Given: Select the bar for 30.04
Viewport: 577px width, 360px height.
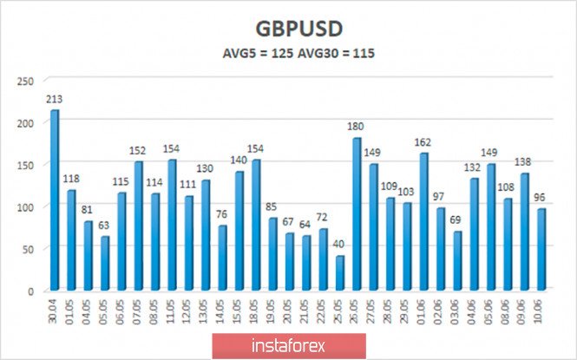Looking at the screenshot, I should [55, 200].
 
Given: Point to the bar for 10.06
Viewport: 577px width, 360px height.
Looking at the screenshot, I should [541, 250].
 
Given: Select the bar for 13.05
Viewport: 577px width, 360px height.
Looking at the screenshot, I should [206, 235].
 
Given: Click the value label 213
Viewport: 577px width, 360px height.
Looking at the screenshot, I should [54, 100].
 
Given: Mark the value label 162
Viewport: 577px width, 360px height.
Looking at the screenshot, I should [424, 143].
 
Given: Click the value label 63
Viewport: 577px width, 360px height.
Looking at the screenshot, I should [104, 226].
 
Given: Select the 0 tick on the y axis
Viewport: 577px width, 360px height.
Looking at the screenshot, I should [30, 291].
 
